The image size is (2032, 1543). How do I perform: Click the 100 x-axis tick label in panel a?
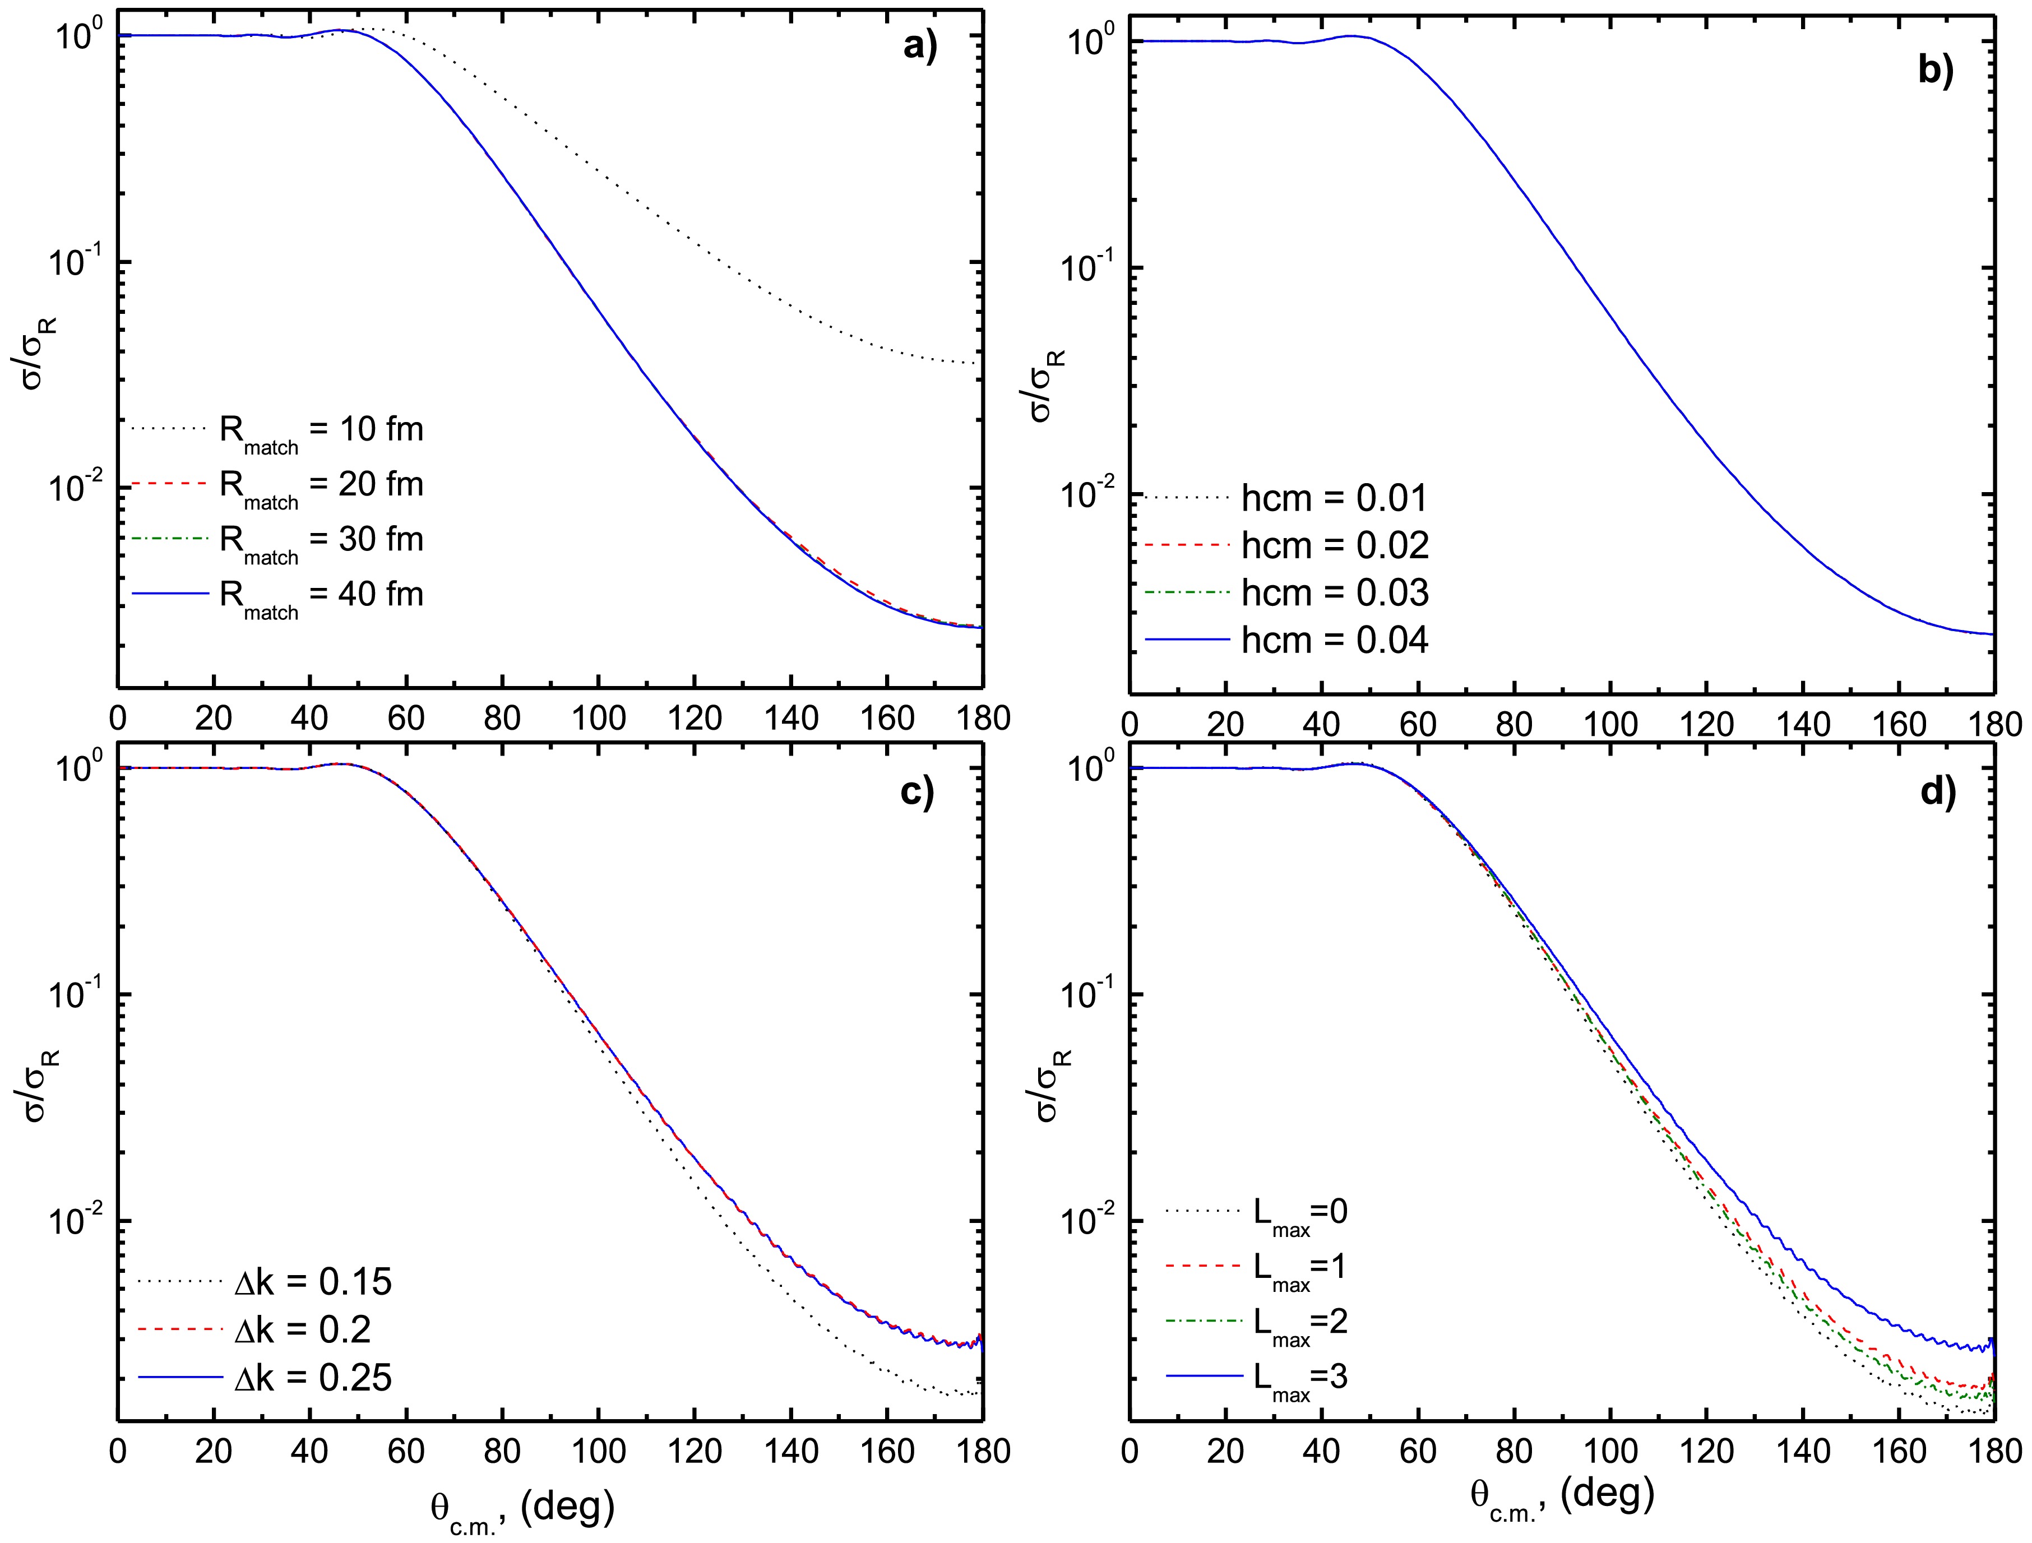pyautogui.click(x=598, y=718)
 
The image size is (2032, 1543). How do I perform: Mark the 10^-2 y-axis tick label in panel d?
pyautogui.click(x=1084, y=1221)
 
